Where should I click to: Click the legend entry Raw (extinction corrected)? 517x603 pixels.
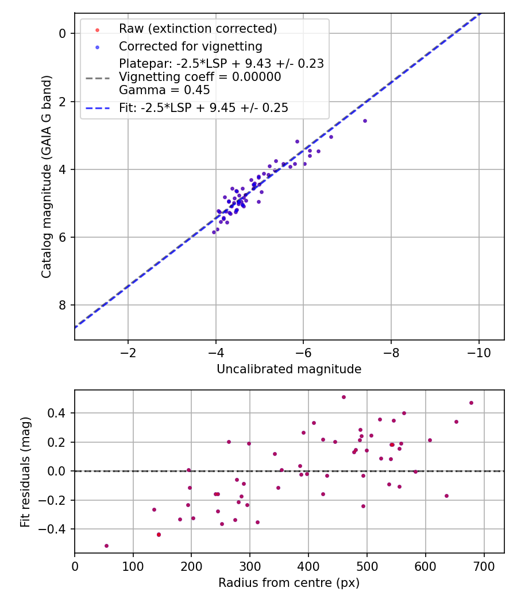(198, 29)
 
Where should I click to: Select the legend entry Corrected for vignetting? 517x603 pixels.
(190, 47)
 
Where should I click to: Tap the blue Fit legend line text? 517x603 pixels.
(203, 108)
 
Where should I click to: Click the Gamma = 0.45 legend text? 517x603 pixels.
(164, 90)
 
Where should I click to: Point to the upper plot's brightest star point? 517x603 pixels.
(365, 121)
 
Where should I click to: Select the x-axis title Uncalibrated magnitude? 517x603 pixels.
(289, 369)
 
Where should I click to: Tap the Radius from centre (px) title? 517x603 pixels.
(289, 583)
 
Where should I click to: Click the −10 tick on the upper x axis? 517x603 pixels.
(479, 353)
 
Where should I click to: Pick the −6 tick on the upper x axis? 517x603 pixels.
(304, 353)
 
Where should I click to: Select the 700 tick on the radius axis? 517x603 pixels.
(484, 565)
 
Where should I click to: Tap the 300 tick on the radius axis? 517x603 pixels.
(250, 565)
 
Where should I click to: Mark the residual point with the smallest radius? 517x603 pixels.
(106, 546)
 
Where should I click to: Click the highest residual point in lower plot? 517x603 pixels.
(344, 397)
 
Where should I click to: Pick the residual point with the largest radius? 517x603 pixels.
(471, 403)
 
